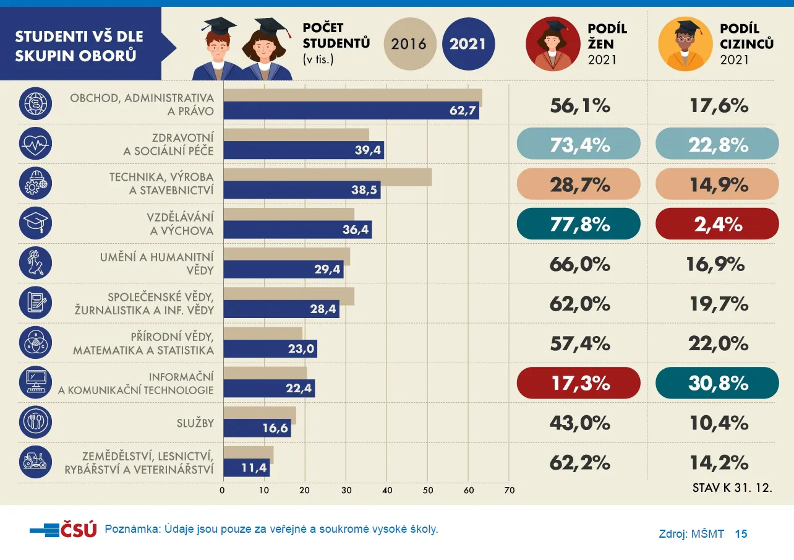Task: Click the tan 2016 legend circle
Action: pos(410,44)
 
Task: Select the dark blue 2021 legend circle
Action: pos(469,44)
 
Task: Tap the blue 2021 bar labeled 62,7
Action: pos(351,111)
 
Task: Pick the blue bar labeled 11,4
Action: pos(247,468)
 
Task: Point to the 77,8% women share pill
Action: pos(578,224)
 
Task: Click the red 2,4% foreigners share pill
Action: pos(717,224)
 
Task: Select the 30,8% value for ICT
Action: pos(717,383)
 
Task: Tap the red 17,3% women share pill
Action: pos(578,383)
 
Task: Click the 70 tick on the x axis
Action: pos(510,491)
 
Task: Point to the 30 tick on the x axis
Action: pos(346,491)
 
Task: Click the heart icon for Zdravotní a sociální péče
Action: pos(35,144)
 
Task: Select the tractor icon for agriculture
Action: pos(35,462)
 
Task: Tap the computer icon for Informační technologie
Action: pos(35,382)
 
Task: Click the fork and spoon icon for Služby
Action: pos(35,422)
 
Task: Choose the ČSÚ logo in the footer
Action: pos(64,530)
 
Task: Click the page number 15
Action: pos(741,534)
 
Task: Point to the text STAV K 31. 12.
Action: pos(732,488)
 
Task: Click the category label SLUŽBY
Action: pos(195,423)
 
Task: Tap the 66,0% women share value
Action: pos(580,264)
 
